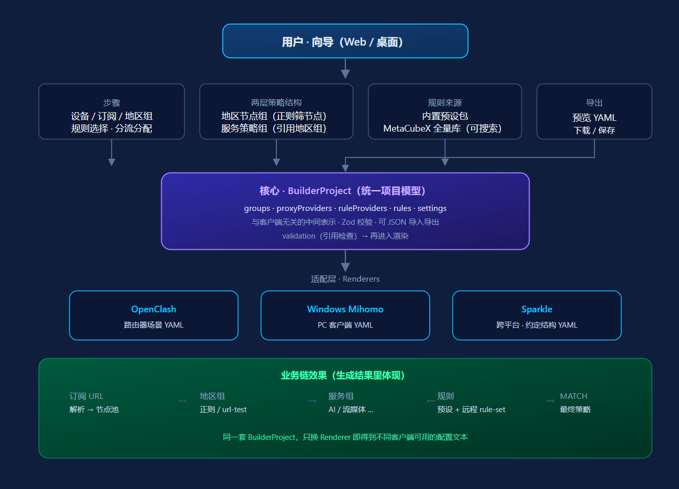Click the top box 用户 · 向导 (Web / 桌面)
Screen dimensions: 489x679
[345, 41]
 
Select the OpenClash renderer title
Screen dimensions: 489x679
[154, 309]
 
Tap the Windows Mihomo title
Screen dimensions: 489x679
[345, 309]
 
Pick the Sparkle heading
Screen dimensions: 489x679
[536, 309]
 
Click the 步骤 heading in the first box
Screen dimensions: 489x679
[112, 103]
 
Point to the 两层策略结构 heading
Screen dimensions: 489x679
[276, 103]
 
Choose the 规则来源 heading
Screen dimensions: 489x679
[445, 103]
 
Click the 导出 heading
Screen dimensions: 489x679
[594, 103]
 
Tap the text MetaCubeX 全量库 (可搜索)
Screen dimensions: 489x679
[442, 129]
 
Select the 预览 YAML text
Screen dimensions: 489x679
[594, 118]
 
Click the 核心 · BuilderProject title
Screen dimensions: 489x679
[342, 191]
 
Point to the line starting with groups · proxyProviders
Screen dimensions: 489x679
[345, 208]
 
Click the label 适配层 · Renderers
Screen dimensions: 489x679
[345, 279]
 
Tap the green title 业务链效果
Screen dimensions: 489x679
[342, 375]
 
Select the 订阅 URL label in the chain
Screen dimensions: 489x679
[86, 396]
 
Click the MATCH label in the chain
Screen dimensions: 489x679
[573, 396]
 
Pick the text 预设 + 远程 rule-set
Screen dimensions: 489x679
[471, 410]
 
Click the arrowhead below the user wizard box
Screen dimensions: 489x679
[345, 74]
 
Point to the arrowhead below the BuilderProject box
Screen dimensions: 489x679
[345, 267]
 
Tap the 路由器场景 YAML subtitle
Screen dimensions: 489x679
[154, 325]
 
